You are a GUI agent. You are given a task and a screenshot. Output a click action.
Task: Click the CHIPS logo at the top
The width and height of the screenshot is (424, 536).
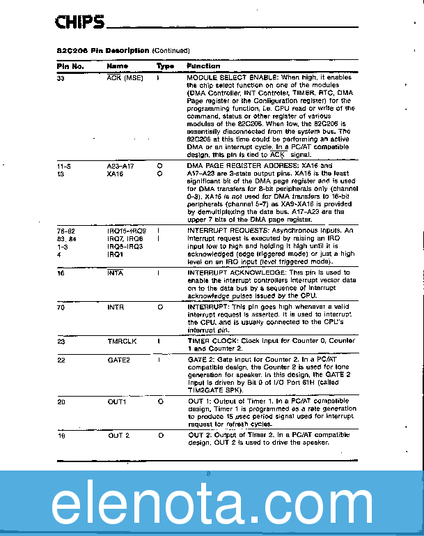point(79,23)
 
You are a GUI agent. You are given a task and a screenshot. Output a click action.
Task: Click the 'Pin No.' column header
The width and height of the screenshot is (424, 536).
point(70,66)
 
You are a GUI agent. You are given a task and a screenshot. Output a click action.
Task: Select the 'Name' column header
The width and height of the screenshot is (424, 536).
point(117,66)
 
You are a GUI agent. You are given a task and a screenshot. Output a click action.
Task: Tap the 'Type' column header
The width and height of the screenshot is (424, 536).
point(165,66)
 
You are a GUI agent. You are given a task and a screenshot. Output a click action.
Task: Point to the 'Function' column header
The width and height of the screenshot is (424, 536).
point(203,66)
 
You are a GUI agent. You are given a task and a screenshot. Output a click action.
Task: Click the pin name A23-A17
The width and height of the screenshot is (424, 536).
point(121,167)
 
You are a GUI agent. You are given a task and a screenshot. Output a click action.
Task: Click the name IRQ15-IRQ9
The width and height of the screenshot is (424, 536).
point(127,231)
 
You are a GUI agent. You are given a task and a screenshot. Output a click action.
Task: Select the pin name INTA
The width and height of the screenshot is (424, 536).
point(116,273)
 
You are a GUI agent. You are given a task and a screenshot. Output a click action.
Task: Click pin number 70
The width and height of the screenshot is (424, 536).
point(61,307)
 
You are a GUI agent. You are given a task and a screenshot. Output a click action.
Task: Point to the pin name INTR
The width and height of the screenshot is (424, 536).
point(116,307)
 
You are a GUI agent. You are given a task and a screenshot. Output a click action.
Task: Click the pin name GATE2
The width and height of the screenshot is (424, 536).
point(118,360)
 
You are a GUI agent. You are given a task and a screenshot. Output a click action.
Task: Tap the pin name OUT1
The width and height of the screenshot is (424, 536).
point(117,401)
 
